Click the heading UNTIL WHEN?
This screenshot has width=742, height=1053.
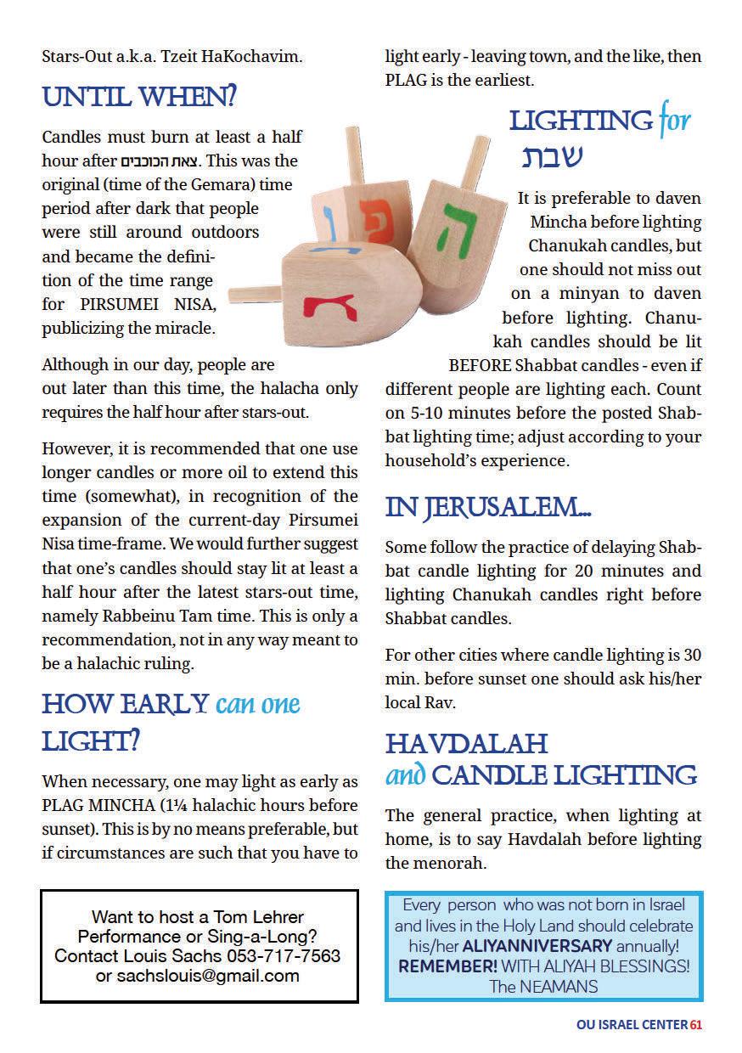click(x=139, y=99)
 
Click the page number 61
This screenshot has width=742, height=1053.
click(x=695, y=1025)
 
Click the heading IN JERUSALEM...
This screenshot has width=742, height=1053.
click(x=488, y=507)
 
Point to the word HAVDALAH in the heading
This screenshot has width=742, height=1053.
click(x=466, y=744)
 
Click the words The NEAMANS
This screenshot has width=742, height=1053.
click(x=542, y=986)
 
